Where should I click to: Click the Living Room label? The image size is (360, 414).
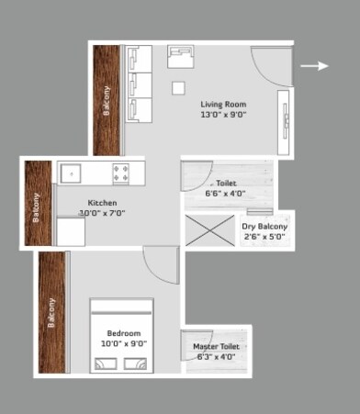223,104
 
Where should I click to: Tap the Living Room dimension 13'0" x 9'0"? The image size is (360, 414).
223,116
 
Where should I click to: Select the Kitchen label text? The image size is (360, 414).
102,202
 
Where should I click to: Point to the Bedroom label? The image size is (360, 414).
124,332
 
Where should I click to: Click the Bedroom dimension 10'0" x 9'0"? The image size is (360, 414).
124,343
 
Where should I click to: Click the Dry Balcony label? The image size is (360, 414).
264,227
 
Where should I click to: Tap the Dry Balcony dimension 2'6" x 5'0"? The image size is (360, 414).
264,238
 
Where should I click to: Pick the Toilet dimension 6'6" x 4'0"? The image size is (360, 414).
225,194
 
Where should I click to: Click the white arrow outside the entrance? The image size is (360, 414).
315,66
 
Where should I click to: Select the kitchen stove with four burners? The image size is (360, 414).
122,173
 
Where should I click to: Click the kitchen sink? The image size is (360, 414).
73,172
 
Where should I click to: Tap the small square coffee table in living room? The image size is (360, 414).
178,88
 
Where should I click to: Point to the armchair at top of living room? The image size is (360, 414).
181,57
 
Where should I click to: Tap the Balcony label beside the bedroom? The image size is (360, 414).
51,312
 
